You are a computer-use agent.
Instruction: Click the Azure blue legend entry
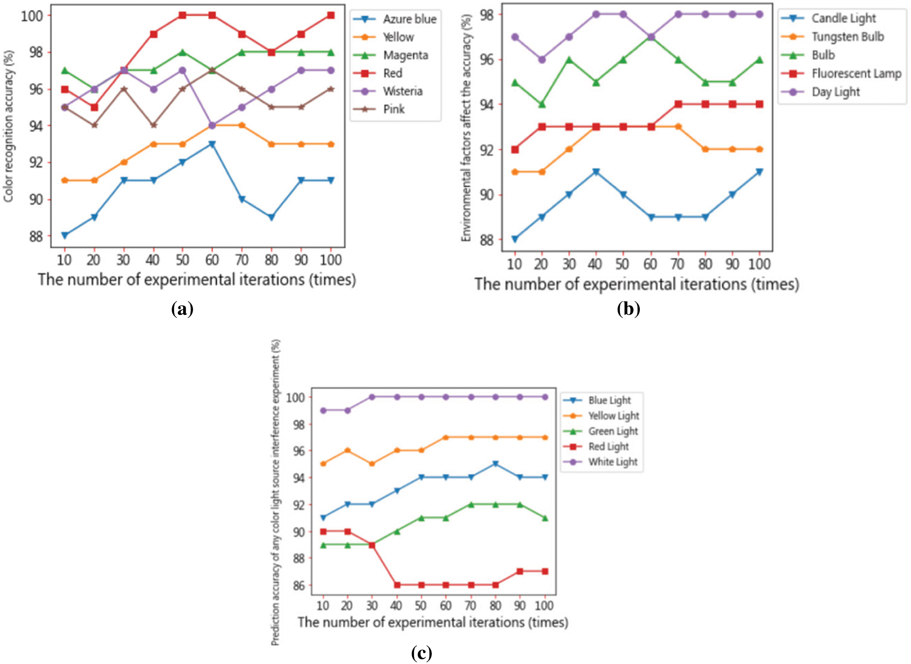[x=409, y=19]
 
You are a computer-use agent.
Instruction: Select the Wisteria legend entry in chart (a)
[x=402, y=91]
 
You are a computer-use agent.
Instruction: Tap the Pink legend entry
[x=393, y=109]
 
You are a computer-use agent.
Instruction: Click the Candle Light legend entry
[x=843, y=18]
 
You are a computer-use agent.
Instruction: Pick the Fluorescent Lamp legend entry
[x=856, y=74]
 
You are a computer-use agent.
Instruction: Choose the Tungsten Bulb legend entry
[x=848, y=37]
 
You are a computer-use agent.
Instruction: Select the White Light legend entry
[x=612, y=462]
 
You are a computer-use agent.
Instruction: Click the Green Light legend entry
[x=613, y=431]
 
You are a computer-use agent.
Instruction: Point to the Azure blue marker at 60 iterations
[x=212, y=144]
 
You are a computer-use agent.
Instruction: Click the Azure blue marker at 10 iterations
[x=65, y=236]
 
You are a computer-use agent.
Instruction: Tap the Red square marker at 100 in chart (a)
[x=331, y=16]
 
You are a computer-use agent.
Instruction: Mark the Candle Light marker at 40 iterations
[x=596, y=172]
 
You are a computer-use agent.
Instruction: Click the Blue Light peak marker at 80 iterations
[x=495, y=464]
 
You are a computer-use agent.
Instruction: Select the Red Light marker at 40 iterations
[x=397, y=585]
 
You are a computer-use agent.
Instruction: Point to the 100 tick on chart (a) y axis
[x=32, y=16]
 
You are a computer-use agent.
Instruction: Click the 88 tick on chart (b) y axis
[x=486, y=240]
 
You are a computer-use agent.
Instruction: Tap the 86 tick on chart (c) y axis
[x=299, y=585]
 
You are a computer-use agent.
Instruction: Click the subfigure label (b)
[x=628, y=309]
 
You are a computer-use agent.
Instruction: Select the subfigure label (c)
[x=421, y=653]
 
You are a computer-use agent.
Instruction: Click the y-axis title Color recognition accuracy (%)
[x=9, y=126]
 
